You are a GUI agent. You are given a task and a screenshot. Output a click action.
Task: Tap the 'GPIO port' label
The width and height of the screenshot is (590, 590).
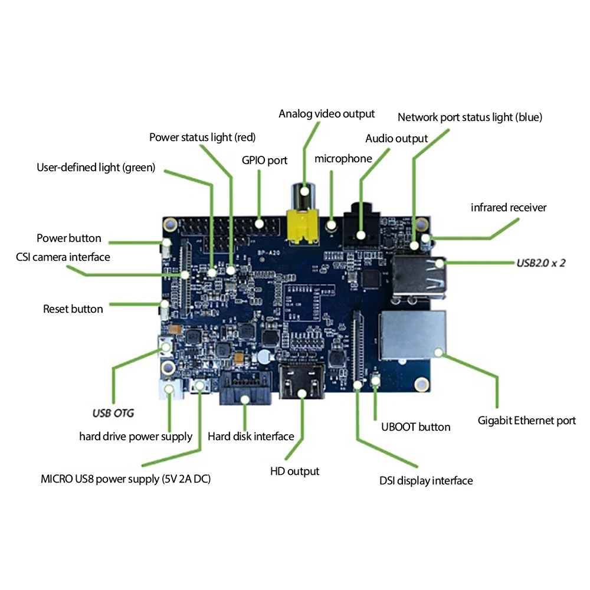click(264, 160)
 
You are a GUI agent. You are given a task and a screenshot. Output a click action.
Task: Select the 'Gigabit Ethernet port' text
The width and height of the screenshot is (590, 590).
click(526, 421)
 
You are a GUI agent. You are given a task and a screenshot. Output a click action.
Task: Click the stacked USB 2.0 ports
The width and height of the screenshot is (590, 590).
click(417, 275)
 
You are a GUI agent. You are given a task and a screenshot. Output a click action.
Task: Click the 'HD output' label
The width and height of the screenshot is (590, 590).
click(294, 471)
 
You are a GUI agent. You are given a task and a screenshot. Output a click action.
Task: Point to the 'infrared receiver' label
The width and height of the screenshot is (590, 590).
click(509, 208)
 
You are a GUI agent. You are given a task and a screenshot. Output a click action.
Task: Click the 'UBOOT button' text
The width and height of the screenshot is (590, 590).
click(415, 427)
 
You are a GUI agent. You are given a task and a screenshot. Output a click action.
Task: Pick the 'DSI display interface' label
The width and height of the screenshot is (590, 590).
click(426, 481)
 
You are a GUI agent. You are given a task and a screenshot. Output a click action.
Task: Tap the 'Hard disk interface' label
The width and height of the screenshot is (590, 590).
click(251, 437)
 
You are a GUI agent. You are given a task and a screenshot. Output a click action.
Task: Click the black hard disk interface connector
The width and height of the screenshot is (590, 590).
click(245, 389)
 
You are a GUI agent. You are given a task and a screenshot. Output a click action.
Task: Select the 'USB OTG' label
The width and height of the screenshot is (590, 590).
click(113, 413)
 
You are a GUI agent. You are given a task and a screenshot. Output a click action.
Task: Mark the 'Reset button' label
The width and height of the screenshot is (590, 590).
click(73, 309)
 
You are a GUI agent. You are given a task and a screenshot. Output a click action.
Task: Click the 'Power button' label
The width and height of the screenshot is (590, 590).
click(69, 238)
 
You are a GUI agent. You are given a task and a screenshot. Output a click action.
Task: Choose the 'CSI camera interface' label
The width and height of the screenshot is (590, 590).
click(63, 257)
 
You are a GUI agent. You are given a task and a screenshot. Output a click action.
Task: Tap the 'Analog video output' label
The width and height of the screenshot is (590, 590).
click(326, 113)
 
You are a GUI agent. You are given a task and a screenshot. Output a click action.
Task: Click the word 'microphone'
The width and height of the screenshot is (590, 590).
click(343, 159)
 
